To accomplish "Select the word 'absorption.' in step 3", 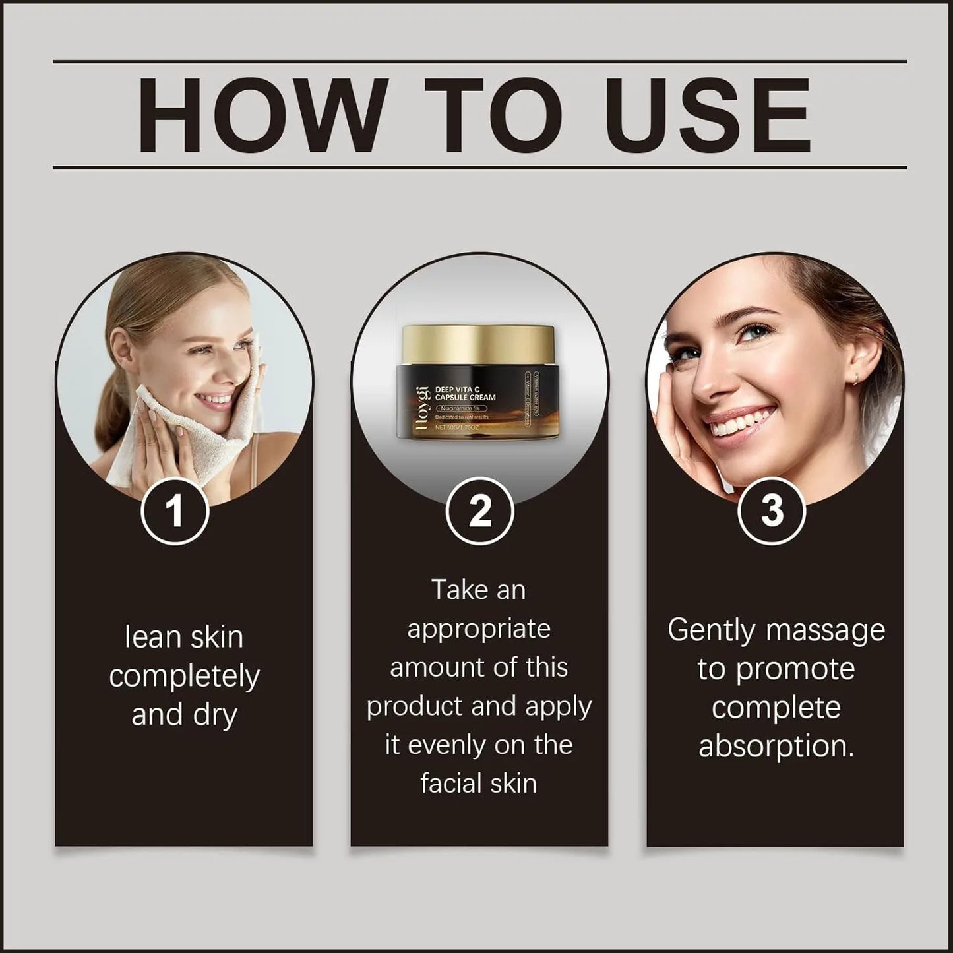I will pyautogui.click(x=776, y=746).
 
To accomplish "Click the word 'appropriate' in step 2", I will pyautogui.click(x=479, y=630).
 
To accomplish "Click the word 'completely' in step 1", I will pyautogui.click(x=184, y=677).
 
